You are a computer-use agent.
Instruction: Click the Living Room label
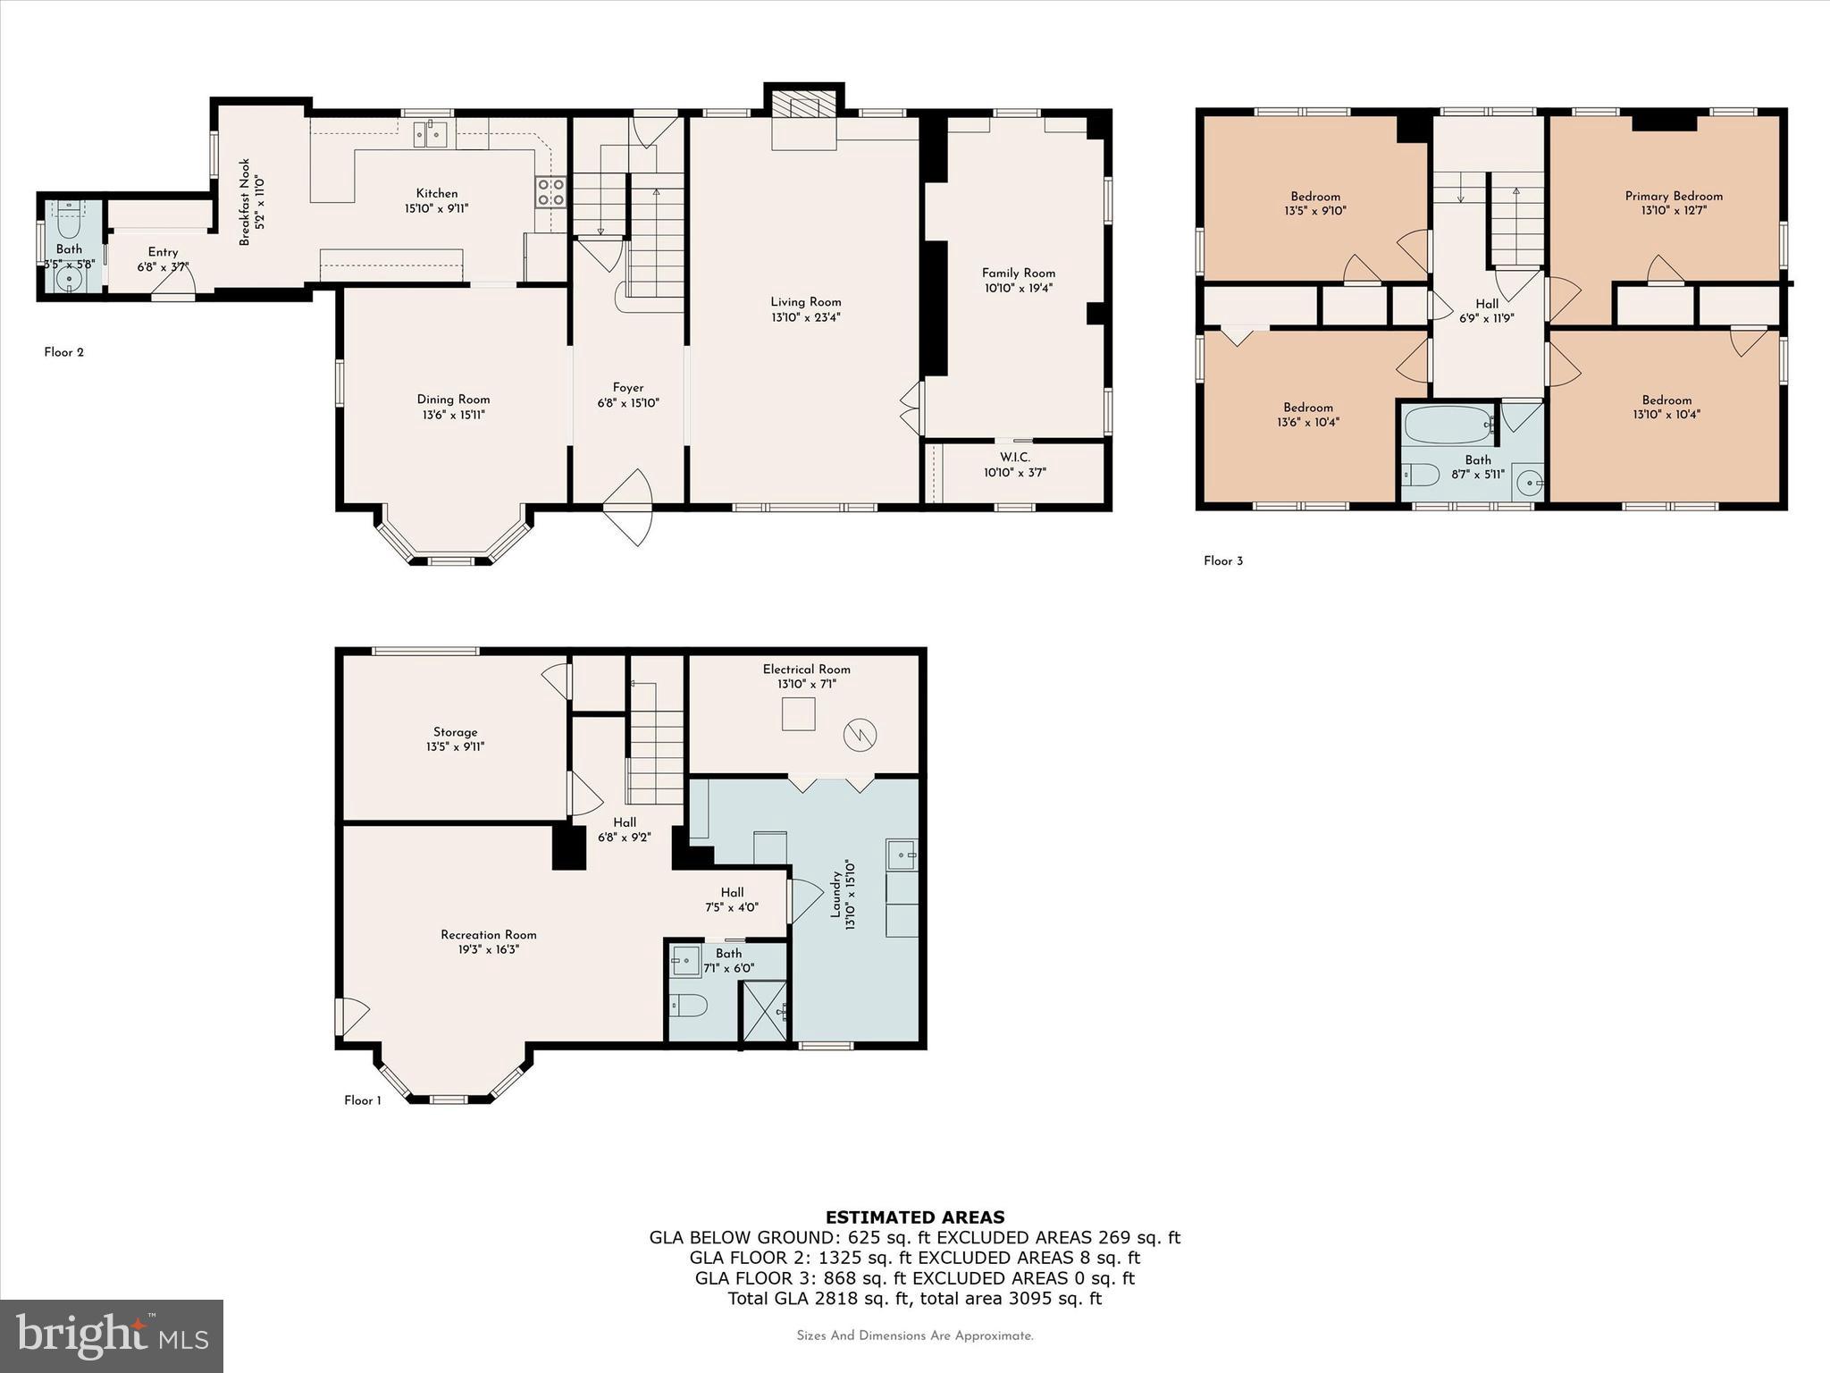pos(806,302)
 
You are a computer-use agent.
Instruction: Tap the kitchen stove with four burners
pos(550,192)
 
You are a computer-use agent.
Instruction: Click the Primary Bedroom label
pos(1674,196)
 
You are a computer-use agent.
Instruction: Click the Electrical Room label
pos(806,669)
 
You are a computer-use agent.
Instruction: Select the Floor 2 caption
pos(64,352)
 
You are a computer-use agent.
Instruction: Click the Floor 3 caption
pos(1223,561)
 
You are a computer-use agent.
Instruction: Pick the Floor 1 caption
pos(363,1100)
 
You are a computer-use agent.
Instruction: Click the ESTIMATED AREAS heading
pos(915,1217)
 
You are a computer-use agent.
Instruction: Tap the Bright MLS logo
pos(112,1335)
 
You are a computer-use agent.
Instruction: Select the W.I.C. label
pos(1015,457)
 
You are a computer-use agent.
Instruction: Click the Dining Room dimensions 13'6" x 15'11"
pos(453,415)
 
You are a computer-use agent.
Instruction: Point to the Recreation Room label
pos(489,935)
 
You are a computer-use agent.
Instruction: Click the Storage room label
pos(456,732)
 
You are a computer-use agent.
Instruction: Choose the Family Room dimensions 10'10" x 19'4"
pos(1019,288)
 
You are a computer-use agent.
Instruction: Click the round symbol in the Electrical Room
pos(860,735)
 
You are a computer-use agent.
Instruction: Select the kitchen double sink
pos(430,134)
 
